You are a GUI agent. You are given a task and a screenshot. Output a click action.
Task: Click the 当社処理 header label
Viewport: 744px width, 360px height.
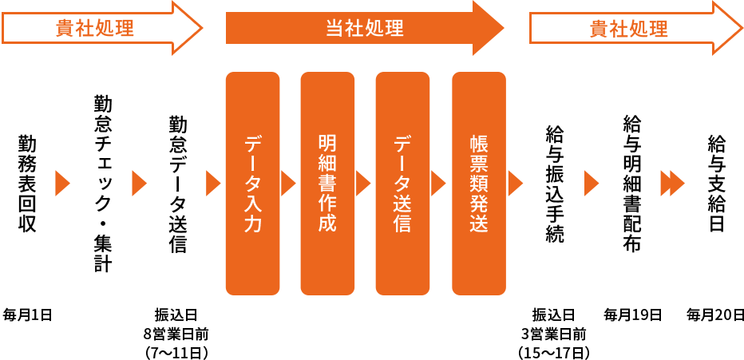coord(364,29)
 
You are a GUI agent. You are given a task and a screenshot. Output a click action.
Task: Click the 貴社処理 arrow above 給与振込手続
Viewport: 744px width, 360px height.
coord(628,29)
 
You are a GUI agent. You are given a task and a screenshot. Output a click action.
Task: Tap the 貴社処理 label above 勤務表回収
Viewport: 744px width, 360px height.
coord(94,29)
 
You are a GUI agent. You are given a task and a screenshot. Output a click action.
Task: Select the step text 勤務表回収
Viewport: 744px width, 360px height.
coord(27,184)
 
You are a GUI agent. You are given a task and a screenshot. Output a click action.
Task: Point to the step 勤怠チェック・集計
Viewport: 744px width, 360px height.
coord(102,184)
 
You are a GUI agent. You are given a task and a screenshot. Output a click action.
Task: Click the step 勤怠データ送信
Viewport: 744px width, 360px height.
coord(177,184)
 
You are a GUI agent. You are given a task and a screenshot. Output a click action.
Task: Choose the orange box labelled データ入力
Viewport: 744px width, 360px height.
coord(253,184)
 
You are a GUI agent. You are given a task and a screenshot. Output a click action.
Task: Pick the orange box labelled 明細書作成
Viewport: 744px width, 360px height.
coord(327,184)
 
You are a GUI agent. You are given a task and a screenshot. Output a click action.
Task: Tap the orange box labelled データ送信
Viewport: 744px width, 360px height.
coord(402,184)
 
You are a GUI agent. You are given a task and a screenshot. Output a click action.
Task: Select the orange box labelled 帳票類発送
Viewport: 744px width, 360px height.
coord(478,184)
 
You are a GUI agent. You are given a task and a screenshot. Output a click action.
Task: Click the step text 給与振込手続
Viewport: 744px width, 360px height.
coord(554,184)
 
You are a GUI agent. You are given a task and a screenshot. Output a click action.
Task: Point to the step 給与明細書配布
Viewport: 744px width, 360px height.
coord(631,184)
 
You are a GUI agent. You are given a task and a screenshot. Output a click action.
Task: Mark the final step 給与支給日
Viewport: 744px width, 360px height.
coord(715,184)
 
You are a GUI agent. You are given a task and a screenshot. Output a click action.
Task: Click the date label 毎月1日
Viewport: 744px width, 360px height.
coord(28,315)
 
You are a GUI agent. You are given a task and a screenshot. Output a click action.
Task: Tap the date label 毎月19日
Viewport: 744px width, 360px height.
coord(633,315)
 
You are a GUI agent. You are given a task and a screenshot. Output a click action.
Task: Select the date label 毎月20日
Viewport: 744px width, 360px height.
coord(715,315)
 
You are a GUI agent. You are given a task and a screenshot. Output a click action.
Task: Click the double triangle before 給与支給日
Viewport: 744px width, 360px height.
coord(672,184)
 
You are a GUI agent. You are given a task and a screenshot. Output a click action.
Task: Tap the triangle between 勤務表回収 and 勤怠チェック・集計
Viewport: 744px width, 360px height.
coord(62,184)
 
